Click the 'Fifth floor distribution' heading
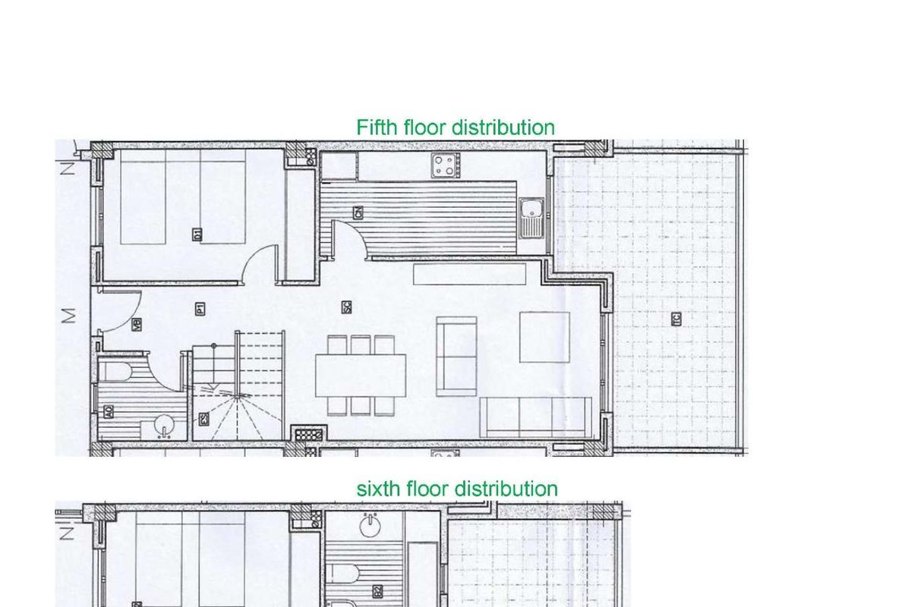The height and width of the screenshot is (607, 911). pos(455,127)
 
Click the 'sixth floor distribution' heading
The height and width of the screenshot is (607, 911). pos(457,489)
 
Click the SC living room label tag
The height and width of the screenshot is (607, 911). pos(345,307)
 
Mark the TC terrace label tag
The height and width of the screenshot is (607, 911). pos(676,319)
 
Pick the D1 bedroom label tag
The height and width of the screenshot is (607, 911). pos(197,233)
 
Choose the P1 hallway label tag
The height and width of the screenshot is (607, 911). pos(199,308)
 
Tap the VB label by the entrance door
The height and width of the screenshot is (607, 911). pos(137,325)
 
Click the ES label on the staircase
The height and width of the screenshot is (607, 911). pos(203,419)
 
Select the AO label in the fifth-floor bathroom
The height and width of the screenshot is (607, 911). pos(109,412)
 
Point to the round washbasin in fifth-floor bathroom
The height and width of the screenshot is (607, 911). pos(165,427)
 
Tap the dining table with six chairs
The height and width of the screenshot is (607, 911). pos(361,376)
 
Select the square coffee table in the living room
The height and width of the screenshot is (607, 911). pos(544,337)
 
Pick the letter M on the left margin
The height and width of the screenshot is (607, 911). pos(69,314)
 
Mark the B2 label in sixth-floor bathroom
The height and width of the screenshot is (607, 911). pos(377,590)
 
